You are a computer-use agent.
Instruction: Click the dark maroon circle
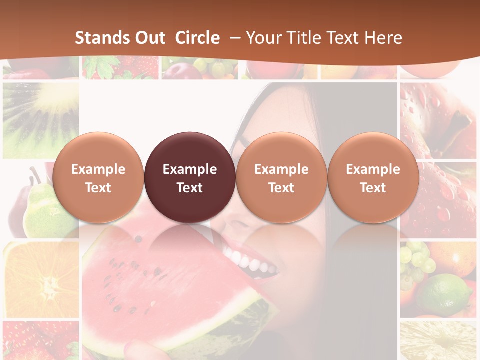click(190, 178)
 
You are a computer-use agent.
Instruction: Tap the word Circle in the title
click(197, 38)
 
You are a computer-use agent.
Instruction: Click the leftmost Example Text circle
click(98, 178)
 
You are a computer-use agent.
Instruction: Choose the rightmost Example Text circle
click(373, 178)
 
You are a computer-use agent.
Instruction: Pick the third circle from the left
click(281, 178)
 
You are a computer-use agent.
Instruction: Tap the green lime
click(445, 295)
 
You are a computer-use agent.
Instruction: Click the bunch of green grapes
click(417, 260)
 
